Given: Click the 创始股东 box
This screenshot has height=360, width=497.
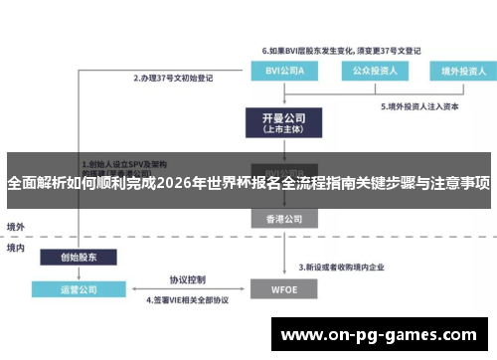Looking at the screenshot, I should pos(71,258).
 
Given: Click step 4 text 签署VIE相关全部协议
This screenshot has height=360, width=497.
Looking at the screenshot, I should pos(188,300).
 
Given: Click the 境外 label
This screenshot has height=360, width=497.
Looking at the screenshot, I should pos(16,227).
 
